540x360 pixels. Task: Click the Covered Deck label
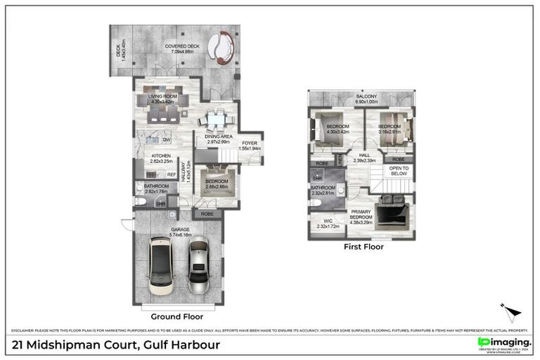[181, 48]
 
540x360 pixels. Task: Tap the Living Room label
[161, 98]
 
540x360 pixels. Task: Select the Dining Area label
[219, 139]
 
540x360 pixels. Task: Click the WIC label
[328, 223]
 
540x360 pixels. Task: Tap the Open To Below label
[399, 172]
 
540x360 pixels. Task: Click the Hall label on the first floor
[364, 157]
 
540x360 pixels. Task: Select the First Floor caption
[363, 247]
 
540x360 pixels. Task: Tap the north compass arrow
[512, 312]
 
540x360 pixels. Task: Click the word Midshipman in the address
[78, 345]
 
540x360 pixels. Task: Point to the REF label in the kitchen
[172, 174]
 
